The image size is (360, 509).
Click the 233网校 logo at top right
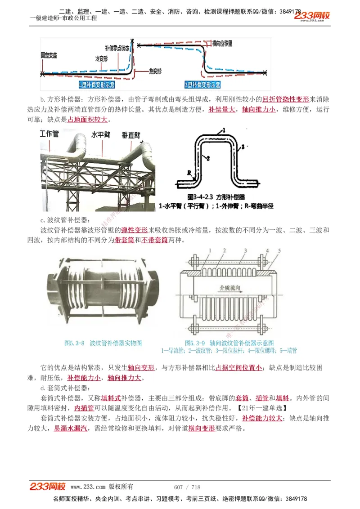[312, 16]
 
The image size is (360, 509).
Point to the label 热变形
[155, 71]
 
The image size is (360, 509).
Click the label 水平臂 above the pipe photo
[101, 134]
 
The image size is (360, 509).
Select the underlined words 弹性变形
[131, 230]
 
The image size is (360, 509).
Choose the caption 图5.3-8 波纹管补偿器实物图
[103, 343]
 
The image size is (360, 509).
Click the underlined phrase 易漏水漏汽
[71, 429]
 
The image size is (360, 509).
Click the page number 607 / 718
[187, 487]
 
